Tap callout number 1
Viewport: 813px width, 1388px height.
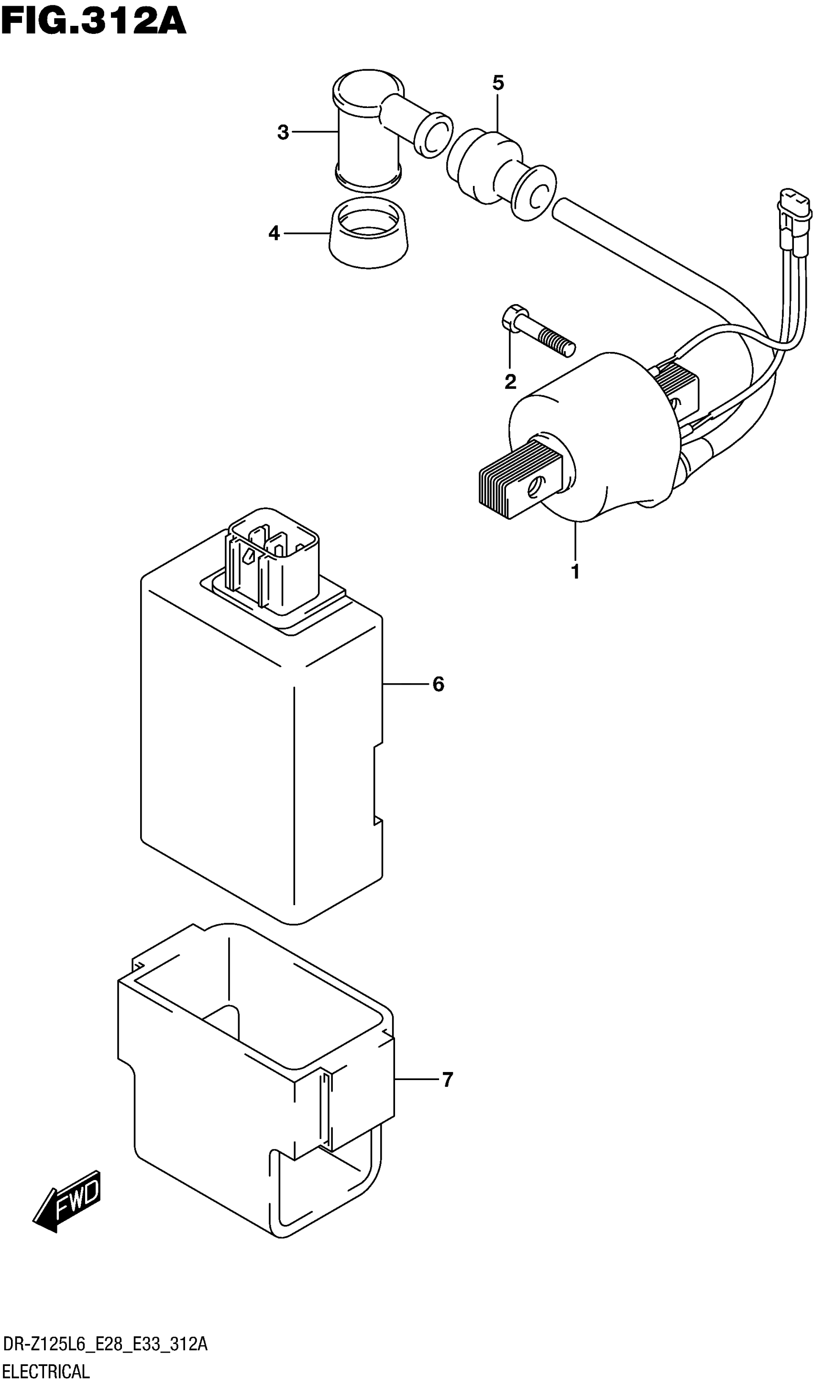[575, 572]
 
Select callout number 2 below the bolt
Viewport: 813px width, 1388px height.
[510, 381]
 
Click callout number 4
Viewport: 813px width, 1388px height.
[274, 233]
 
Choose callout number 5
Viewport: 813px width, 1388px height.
[498, 84]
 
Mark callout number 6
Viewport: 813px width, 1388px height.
[438, 684]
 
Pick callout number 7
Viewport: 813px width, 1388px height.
[447, 1080]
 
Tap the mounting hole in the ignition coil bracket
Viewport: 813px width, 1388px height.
[534, 486]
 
